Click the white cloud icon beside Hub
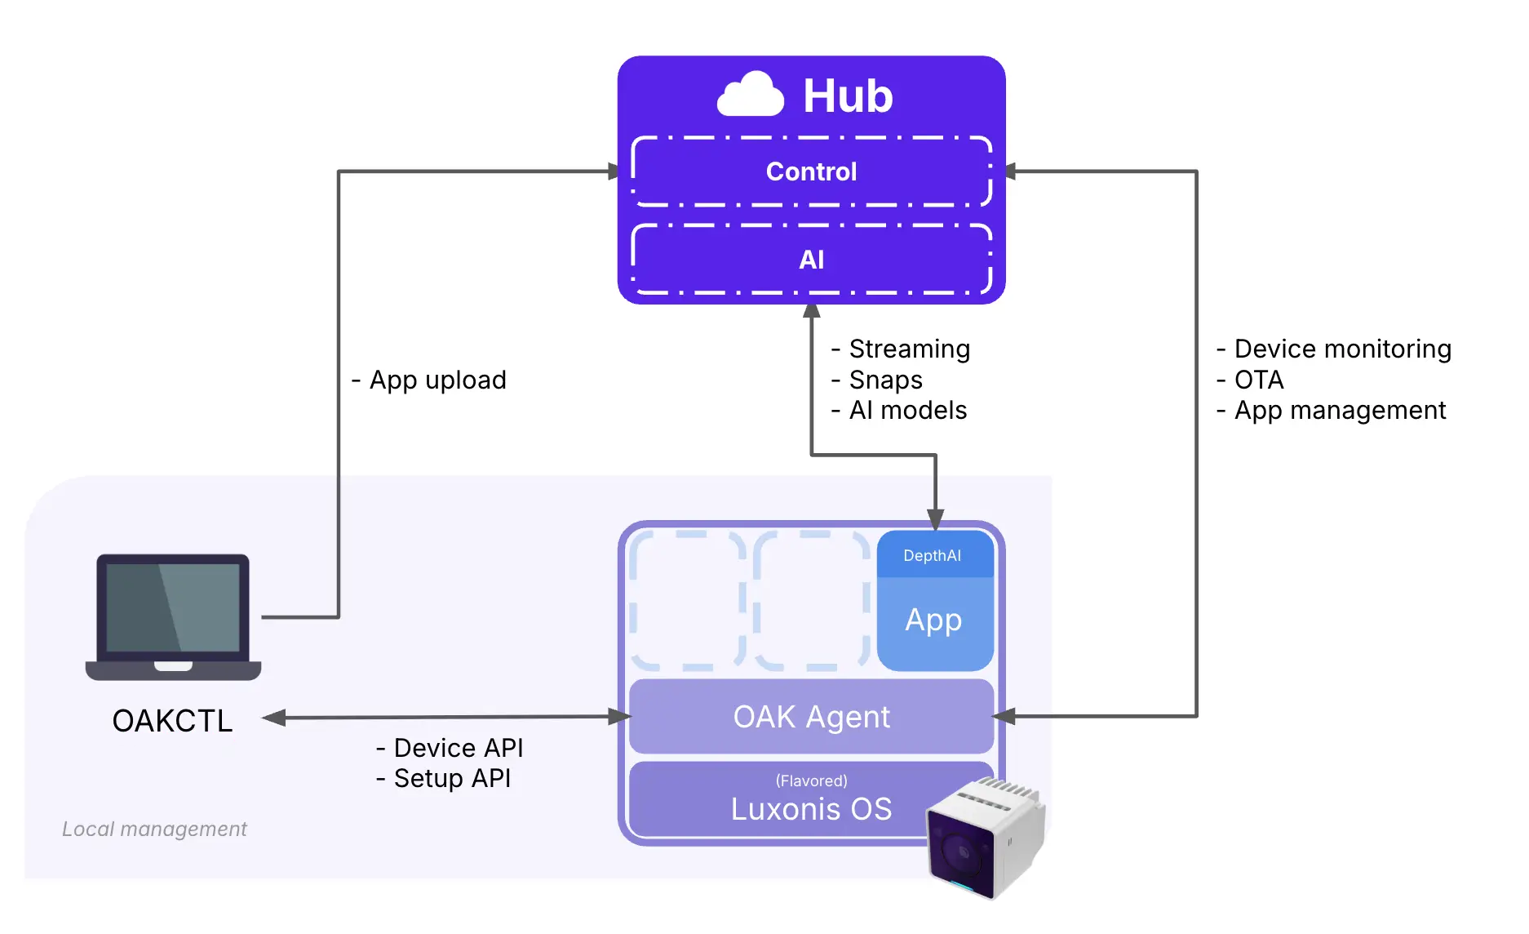750,95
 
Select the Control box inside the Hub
811,171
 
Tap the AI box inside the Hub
811,260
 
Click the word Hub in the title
848,96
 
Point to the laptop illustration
173,616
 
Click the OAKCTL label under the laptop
172,721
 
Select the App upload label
437,380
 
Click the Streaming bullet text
909,349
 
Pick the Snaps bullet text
885,380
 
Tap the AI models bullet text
907,410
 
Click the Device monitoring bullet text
1342,349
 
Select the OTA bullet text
1259,380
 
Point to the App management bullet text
1340,410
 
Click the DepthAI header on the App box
932,556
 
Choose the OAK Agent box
811,717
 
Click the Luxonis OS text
811,809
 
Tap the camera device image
985,838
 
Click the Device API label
458,748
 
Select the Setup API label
452,778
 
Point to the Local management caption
154,829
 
